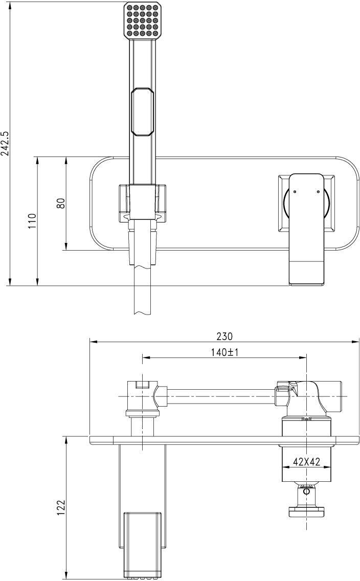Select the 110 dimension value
(33, 221)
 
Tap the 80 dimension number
(61, 203)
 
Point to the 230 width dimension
(224, 337)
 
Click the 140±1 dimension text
(224, 352)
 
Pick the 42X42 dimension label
(306, 461)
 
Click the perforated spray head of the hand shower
(143, 20)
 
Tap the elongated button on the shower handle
(142, 113)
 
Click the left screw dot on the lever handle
(295, 192)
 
